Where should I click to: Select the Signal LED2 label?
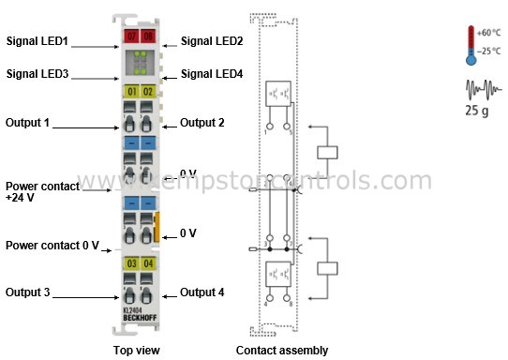tap(212, 41)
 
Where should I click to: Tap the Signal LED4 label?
tap(212, 74)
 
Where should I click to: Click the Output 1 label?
tap(28, 122)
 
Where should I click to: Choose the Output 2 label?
tap(202, 122)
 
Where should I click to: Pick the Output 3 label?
tap(28, 292)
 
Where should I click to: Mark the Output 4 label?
tap(202, 292)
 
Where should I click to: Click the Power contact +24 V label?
tap(36, 192)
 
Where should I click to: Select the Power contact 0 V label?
tap(52, 246)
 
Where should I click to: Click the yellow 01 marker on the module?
tap(132, 92)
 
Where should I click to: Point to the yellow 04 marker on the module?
tap(148, 264)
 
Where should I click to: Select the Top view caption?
tap(135, 351)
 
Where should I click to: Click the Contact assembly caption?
tap(281, 351)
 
